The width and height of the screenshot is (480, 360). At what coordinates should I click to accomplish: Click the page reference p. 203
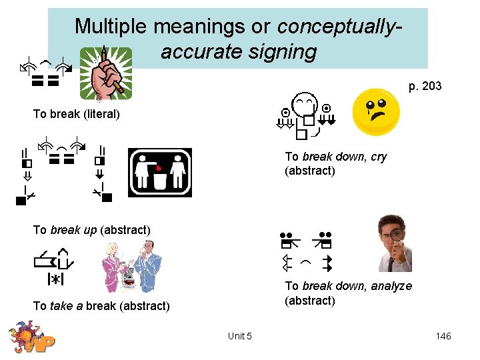[x=425, y=86]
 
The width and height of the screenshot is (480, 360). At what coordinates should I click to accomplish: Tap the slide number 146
[x=443, y=336]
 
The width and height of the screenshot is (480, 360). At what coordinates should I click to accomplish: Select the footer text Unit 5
[x=239, y=336]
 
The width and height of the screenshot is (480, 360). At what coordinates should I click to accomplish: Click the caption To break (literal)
[x=77, y=114]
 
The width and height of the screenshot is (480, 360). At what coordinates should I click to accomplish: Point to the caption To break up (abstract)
[x=92, y=230]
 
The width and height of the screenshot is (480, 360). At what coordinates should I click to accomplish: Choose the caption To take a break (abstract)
[x=101, y=306]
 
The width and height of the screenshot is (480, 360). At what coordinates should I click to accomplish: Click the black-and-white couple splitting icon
[x=160, y=172]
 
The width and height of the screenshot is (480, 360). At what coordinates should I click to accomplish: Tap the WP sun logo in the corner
[x=30, y=338]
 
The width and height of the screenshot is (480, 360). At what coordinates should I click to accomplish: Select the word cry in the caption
[x=376, y=157]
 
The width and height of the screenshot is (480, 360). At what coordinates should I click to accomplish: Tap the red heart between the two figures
[x=159, y=169]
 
